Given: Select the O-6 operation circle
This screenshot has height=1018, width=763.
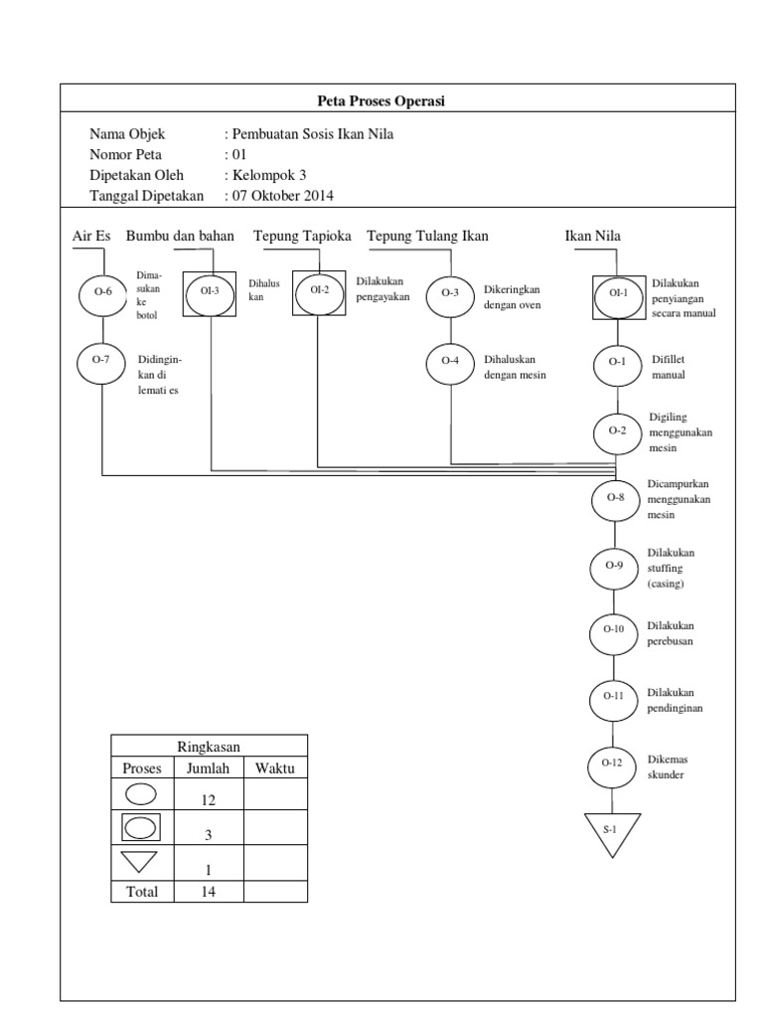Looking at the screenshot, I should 103,292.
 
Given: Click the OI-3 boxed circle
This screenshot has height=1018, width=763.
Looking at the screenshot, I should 210,291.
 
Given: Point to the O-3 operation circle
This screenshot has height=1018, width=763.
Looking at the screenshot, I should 450,292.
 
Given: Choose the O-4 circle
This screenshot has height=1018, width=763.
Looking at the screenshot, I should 450,361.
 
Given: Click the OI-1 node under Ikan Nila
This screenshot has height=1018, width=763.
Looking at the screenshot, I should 619,293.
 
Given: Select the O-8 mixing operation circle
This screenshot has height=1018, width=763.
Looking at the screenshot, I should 616,497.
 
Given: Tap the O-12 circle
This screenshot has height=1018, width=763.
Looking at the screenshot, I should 612,763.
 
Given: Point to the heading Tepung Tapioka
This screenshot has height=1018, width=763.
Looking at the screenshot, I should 302,236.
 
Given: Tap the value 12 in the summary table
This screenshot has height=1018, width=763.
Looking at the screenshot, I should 209,799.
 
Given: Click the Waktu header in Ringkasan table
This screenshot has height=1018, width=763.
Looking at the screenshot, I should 275,768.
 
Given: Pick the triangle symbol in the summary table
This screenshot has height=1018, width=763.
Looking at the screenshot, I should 141,861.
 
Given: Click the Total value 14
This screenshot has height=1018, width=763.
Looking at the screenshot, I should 209,892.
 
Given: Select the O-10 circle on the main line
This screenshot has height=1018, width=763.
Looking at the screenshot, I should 613,629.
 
